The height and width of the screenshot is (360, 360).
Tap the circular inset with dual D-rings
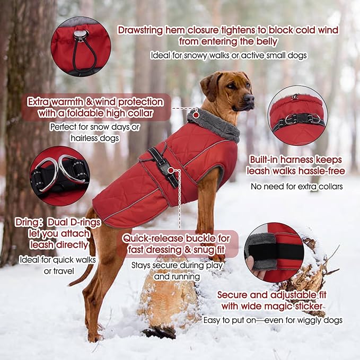click(60, 175)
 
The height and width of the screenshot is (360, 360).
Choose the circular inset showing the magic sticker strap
click(274, 251)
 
